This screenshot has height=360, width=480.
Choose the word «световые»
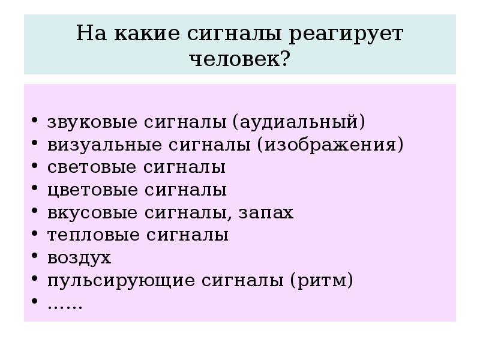(x=91, y=167)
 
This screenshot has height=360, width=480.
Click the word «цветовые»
(x=91, y=190)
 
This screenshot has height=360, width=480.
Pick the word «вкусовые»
(x=91, y=212)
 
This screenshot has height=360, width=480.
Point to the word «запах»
(x=266, y=212)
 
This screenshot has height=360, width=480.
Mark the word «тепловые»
(x=92, y=235)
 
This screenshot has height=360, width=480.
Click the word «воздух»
(x=79, y=258)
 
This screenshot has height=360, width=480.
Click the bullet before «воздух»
(x=35, y=258)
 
